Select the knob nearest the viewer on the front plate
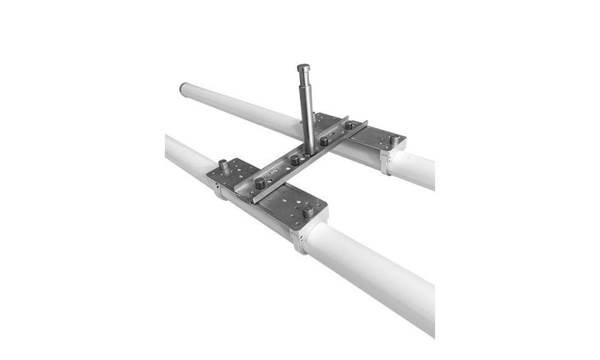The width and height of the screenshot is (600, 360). pos(308,211)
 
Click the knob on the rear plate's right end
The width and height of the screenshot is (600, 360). pos(394,139)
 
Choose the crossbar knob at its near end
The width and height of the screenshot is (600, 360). pos(260,182)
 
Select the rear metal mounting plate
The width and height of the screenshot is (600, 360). pos(366,135)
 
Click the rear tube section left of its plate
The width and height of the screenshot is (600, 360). pos(240,108)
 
